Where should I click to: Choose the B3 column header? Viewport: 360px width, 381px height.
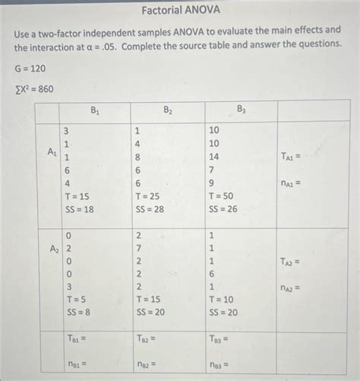(241, 111)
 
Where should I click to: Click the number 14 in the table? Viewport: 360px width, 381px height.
(215, 157)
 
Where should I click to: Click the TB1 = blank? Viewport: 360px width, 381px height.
(77, 340)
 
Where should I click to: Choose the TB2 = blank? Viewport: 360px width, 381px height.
(150, 340)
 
